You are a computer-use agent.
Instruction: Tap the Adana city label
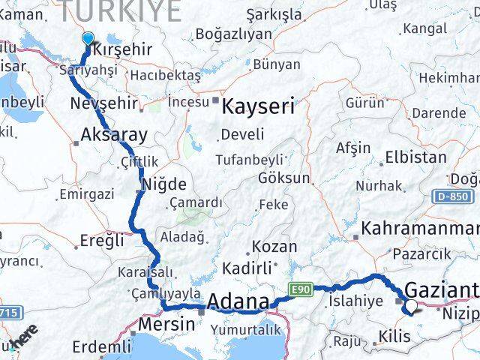[x=238, y=301]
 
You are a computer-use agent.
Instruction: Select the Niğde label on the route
[x=164, y=184]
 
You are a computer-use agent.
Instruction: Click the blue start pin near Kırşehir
[x=88, y=40]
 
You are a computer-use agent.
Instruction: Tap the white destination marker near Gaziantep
[x=411, y=305]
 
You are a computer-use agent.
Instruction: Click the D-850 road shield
[x=449, y=196]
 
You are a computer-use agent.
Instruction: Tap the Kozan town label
[x=274, y=246]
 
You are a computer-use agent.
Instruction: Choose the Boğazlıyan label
[x=232, y=34]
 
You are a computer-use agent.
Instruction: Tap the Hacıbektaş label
[x=165, y=75]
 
